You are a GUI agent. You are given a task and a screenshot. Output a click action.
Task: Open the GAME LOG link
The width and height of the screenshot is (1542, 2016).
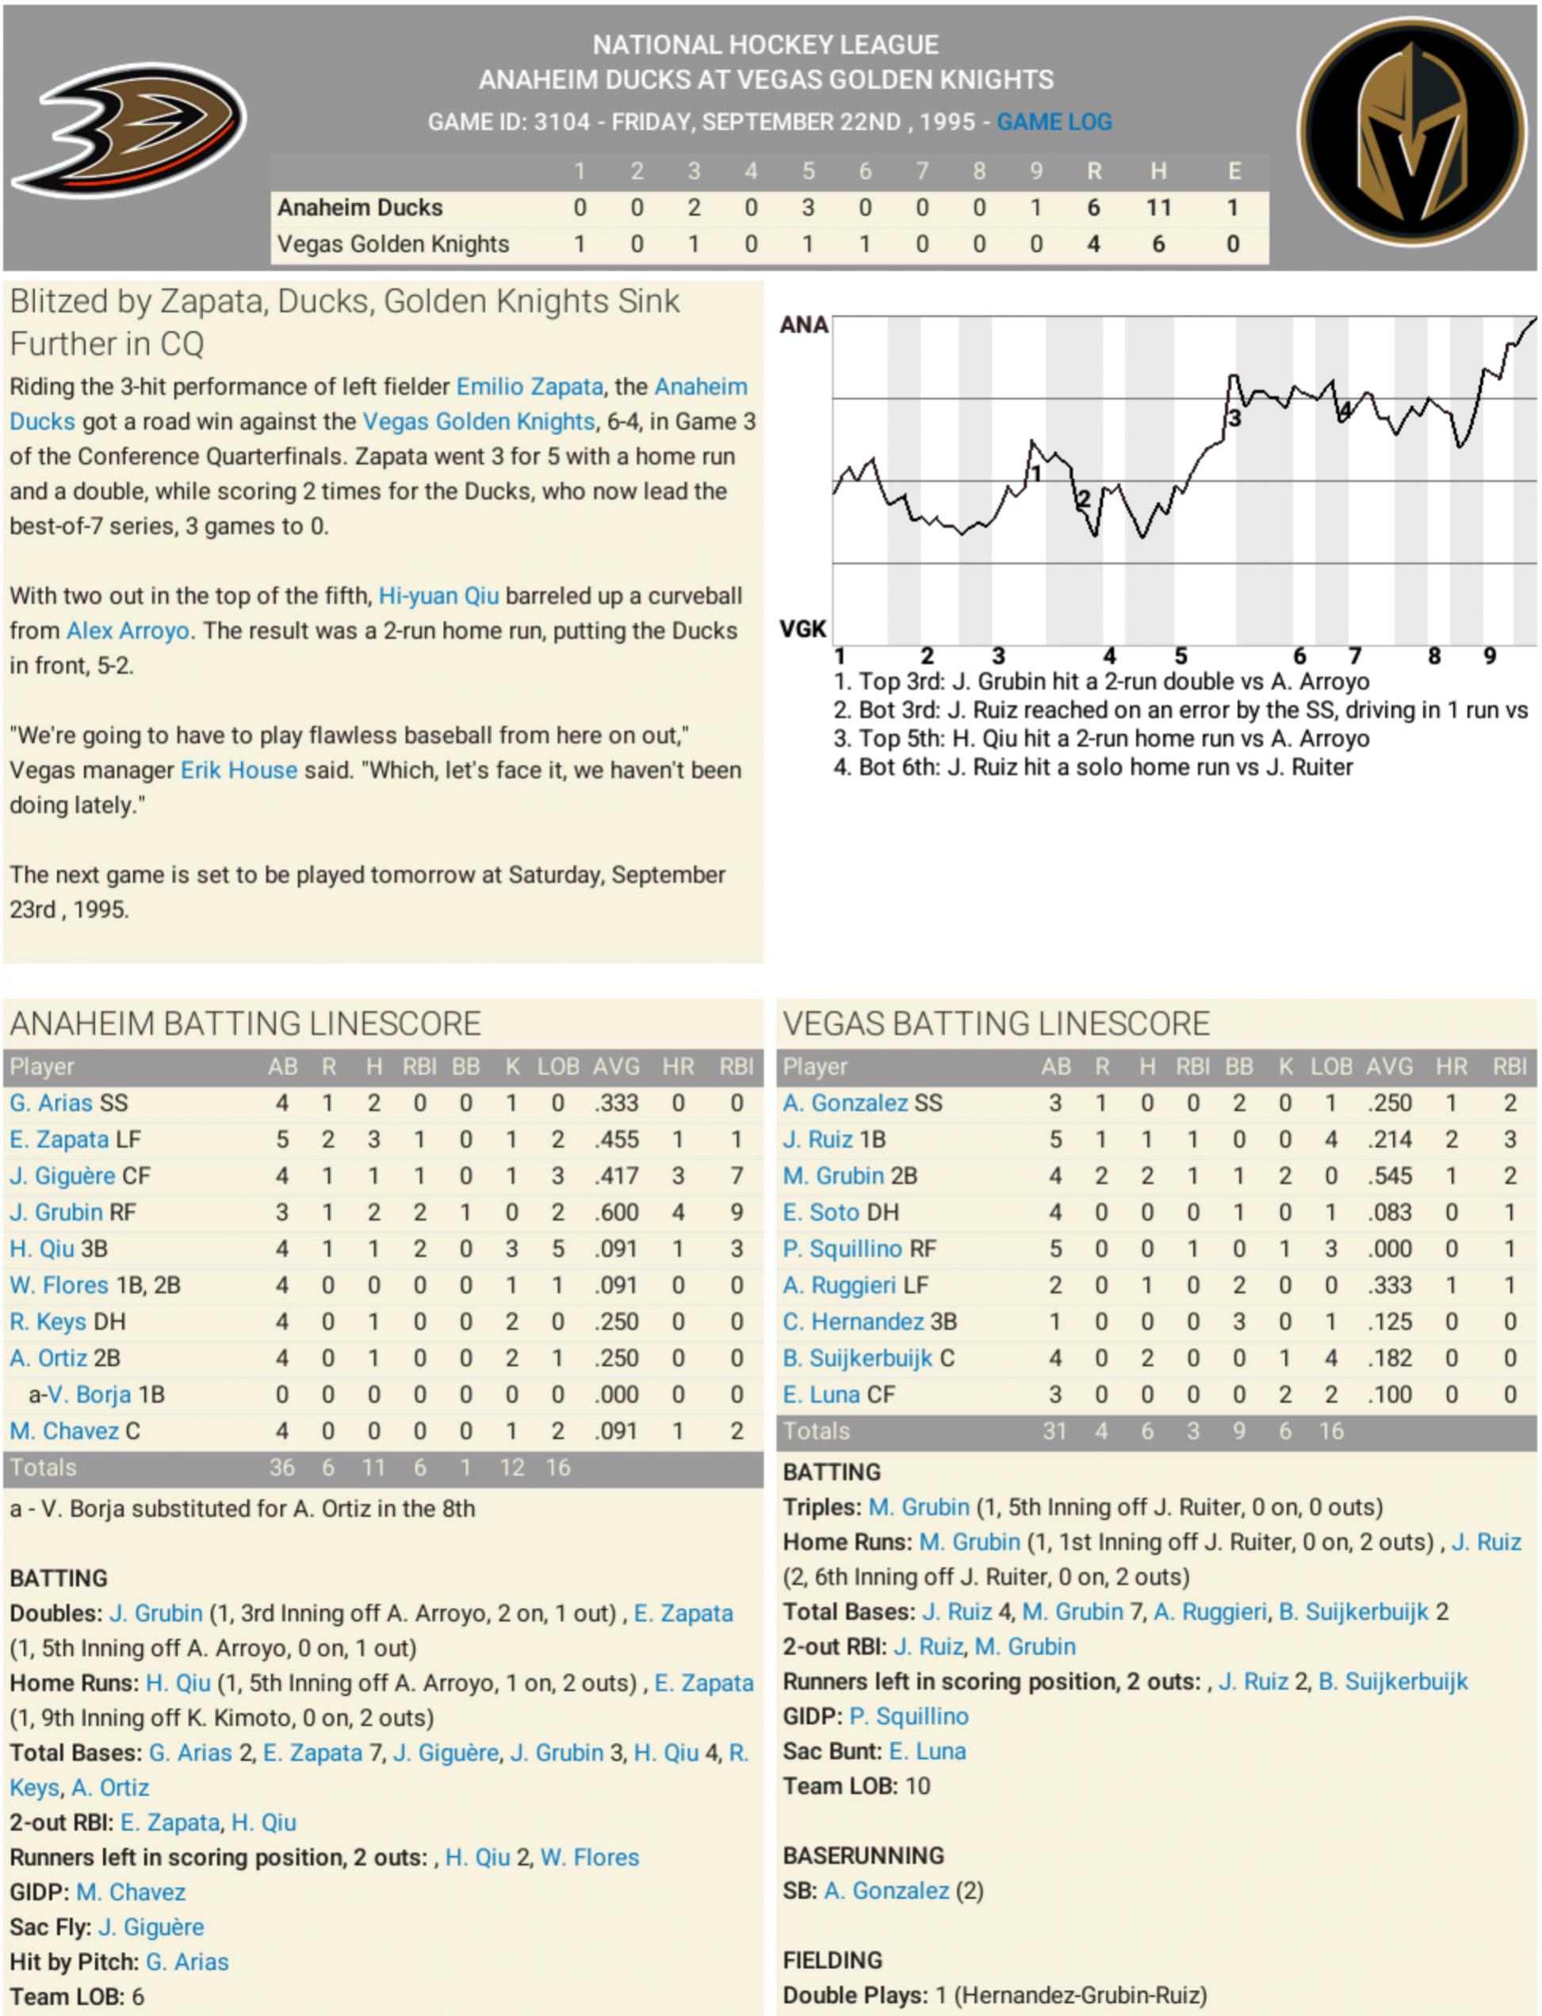1054,122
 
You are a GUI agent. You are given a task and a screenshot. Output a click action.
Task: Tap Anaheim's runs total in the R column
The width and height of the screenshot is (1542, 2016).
1093,208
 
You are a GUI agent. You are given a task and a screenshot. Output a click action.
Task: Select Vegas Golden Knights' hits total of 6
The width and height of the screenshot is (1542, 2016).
1158,244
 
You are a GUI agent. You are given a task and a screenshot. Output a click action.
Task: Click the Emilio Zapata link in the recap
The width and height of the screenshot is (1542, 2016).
530,386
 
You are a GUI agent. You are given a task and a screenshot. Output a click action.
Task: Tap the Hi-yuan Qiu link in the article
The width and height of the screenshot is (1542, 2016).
438,595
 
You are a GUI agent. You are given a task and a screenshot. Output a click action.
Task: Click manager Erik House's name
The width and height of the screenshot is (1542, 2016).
239,770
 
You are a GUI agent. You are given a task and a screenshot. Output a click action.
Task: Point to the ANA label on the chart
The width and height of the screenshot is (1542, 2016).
803,325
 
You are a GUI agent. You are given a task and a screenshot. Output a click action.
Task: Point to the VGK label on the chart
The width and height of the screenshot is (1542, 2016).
803,629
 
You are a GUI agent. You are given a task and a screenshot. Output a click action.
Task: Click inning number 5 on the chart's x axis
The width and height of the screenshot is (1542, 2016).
1180,656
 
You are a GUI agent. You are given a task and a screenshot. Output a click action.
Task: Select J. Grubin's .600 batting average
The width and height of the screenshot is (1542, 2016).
616,1212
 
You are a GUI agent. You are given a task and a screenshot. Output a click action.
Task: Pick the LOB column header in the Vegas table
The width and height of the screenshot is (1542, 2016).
1331,1066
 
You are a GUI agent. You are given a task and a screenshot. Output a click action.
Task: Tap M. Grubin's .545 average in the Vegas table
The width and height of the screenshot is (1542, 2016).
1389,1176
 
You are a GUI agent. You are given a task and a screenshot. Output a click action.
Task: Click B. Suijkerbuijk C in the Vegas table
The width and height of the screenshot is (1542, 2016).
868,1358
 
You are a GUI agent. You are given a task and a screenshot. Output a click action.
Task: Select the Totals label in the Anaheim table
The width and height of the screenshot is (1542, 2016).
43,1467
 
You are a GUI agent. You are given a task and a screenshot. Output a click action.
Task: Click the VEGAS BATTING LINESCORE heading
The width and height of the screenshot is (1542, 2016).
996,1023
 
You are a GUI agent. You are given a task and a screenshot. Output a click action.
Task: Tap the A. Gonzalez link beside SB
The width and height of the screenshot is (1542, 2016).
886,1890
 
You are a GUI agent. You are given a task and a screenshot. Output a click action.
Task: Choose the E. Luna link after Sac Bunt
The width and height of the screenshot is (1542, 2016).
927,1750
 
